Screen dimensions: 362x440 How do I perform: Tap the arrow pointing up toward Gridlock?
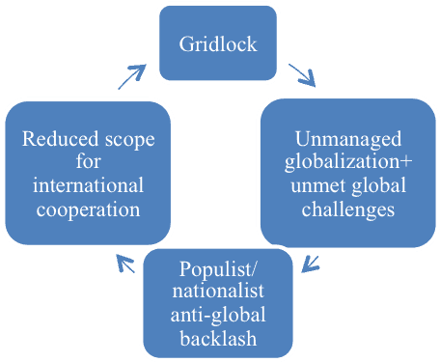pyautogui.click(x=132, y=75)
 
